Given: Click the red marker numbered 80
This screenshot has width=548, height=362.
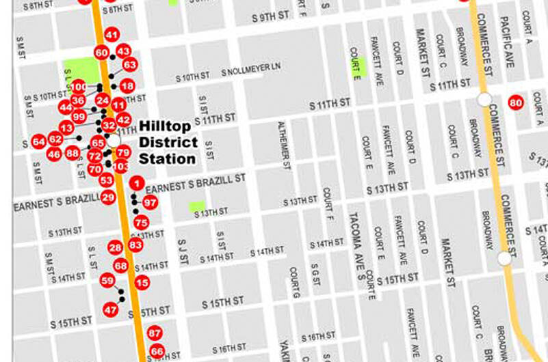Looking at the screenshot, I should click(516, 102).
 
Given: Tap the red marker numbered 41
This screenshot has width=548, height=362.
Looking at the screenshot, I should click(112, 36).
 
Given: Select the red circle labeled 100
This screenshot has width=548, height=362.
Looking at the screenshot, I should click(79, 87).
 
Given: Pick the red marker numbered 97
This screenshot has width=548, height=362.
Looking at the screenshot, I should click(150, 203).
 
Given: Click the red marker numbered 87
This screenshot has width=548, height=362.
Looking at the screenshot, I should click(155, 333).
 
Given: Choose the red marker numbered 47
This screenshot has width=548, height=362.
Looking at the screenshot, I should click(111, 309).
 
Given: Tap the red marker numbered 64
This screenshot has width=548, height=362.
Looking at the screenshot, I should click(38, 141).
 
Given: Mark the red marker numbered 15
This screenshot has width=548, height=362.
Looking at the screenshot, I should click(142, 282).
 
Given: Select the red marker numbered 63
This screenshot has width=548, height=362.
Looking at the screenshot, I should click(130, 65).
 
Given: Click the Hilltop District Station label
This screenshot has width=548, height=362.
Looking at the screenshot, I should click(168, 142).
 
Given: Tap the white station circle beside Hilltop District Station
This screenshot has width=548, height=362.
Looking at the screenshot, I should click(115, 140).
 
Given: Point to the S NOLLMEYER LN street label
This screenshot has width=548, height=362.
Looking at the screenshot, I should click(251, 72).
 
